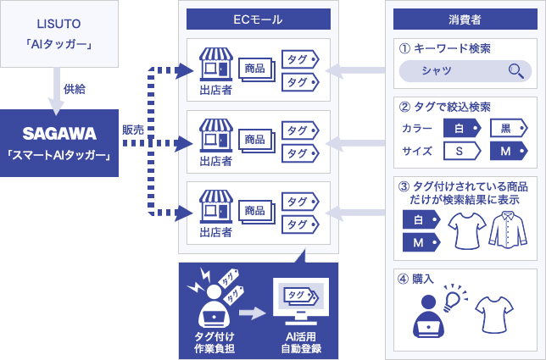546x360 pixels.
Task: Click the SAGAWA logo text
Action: (x=58, y=133)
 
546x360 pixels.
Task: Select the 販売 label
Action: (x=132, y=130)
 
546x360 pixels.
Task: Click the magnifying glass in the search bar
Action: (x=515, y=71)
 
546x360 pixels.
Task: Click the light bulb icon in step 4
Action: (x=455, y=296)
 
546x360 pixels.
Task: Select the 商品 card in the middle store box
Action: (x=255, y=138)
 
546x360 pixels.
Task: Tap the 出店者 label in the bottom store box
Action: (x=216, y=230)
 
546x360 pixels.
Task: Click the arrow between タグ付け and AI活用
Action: (x=253, y=314)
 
